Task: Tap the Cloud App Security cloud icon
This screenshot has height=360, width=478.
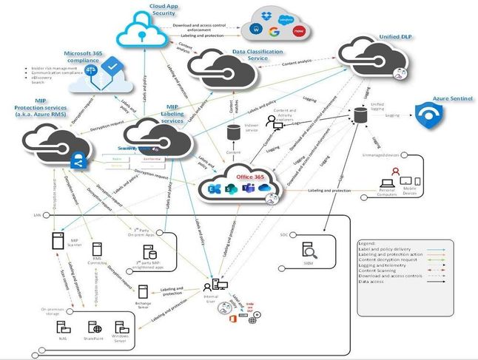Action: click(142, 30)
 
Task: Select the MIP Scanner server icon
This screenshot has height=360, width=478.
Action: click(56, 240)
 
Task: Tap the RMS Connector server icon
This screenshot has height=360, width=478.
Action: click(97, 251)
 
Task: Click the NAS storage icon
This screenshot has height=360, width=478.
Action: click(64, 327)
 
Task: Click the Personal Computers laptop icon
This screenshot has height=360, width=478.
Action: click(386, 182)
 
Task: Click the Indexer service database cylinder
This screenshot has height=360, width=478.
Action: click(233, 135)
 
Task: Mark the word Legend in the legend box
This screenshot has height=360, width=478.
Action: click(368, 242)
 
